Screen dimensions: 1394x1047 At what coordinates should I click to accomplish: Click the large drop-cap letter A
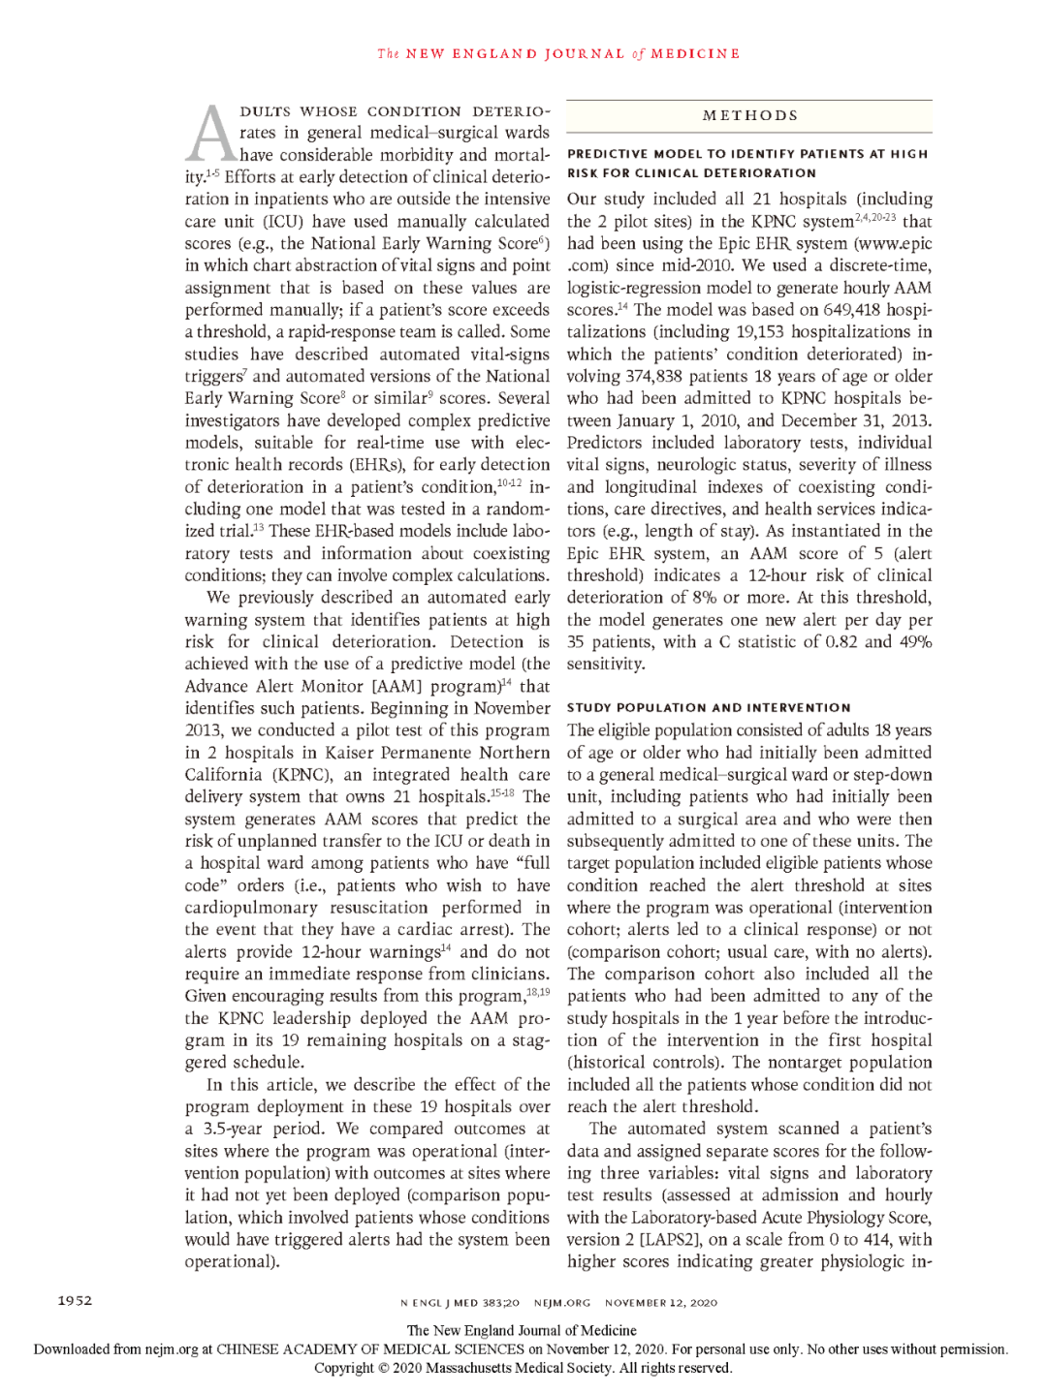(x=209, y=135)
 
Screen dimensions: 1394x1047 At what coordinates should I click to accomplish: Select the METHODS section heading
(x=750, y=115)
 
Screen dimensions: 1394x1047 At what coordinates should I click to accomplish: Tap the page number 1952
(x=74, y=1300)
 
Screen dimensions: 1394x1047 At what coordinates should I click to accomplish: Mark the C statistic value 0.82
(x=836, y=642)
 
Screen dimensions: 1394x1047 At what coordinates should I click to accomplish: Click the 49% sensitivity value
(x=914, y=642)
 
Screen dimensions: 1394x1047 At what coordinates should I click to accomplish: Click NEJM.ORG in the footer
(x=562, y=1303)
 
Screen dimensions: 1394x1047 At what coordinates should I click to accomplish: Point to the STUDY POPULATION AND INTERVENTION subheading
(x=709, y=708)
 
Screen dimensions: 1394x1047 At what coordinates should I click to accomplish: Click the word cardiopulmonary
(x=250, y=908)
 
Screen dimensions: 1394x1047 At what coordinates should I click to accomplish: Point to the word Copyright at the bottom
(x=343, y=1369)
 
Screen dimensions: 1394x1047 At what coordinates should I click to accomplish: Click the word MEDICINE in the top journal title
(x=695, y=54)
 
